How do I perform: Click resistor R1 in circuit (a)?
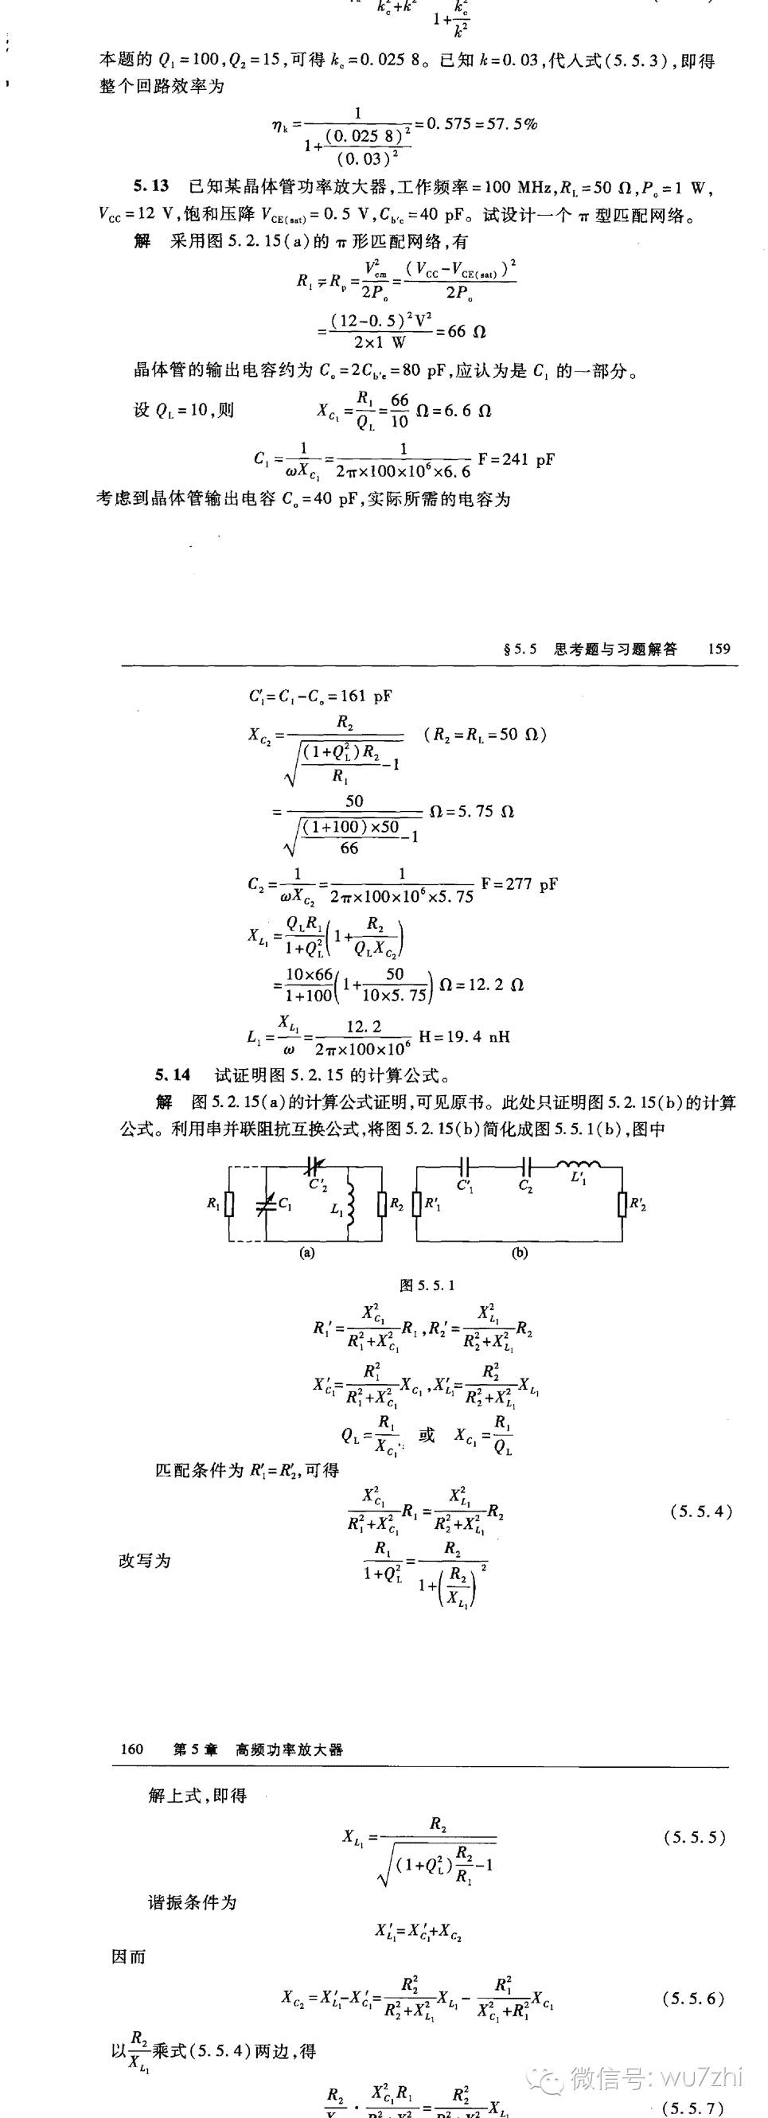point(229,1204)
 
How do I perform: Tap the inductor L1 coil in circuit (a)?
point(351,1207)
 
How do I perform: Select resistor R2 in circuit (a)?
point(381,1204)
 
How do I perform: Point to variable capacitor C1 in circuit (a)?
point(265,1205)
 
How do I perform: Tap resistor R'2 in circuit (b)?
point(622,1204)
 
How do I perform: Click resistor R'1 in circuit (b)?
point(417,1204)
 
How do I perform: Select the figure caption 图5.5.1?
point(427,1285)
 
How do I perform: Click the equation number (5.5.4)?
point(701,1511)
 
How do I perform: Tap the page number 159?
point(719,649)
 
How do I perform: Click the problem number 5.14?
point(173,1075)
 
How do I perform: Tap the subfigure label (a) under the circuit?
point(306,1253)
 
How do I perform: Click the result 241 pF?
point(528,458)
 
